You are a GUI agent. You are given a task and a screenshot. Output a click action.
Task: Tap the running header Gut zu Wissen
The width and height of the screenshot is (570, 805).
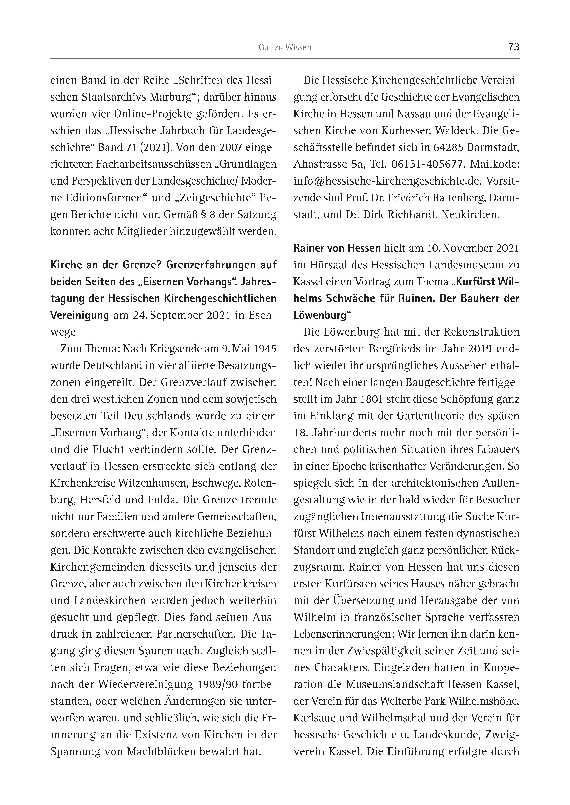pos(285,48)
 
